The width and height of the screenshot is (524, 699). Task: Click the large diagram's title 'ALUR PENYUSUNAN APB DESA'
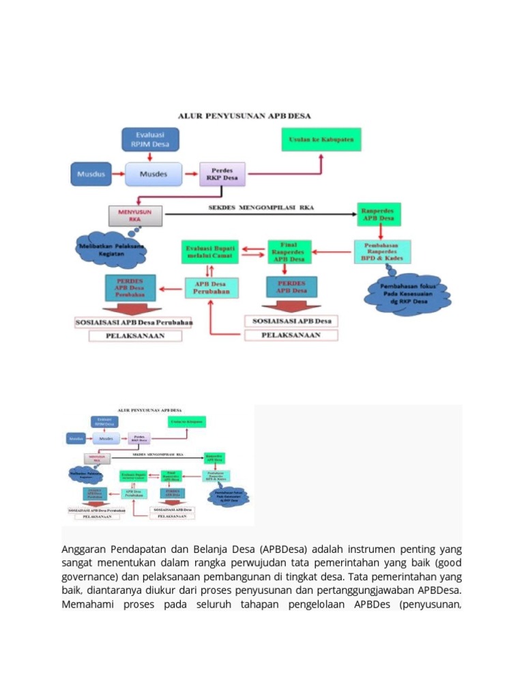tap(244, 116)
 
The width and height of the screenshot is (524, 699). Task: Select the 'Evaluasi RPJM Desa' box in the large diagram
tap(150, 139)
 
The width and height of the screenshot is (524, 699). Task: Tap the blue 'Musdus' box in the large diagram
tap(91, 174)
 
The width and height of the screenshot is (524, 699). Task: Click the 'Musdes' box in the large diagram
tap(154, 174)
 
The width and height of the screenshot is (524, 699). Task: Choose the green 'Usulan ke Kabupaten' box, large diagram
tap(321, 139)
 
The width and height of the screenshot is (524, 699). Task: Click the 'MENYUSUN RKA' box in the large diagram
tap(135, 215)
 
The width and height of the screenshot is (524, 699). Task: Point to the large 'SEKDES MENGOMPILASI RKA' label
tap(261, 208)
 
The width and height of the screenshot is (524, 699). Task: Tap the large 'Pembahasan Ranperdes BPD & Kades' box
tap(382, 252)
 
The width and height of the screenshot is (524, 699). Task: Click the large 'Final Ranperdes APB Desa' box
tap(289, 252)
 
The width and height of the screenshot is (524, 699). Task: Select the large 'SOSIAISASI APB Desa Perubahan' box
tap(133, 322)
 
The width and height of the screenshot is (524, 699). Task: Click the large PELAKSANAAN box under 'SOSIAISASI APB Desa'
tap(291, 335)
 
